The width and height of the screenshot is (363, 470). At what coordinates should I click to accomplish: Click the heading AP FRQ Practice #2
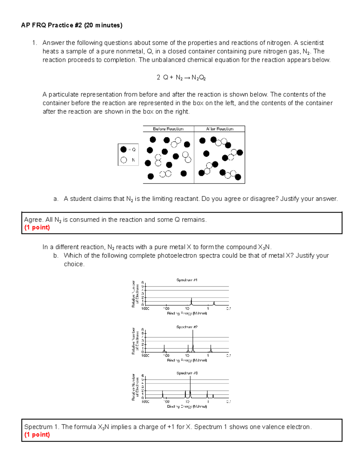pyautogui.click(x=72, y=25)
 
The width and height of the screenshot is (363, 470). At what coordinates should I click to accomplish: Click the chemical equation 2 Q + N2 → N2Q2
pyautogui.click(x=181, y=77)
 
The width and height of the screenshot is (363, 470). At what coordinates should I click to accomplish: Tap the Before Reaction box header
pyautogui.click(x=168, y=129)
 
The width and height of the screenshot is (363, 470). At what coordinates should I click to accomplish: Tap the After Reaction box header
pyautogui.click(x=220, y=129)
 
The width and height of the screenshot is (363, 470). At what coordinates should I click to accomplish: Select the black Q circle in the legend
pyautogui.click(x=123, y=150)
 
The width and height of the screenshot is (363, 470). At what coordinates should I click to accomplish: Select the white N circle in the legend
pyautogui.click(x=123, y=160)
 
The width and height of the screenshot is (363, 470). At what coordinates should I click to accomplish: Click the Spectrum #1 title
pyautogui.click(x=187, y=280)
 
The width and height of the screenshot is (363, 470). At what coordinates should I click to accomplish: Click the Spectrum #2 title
pyautogui.click(x=187, y=327)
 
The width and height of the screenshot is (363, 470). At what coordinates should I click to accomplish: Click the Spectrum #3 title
pyautogui.click(x=187, y=373)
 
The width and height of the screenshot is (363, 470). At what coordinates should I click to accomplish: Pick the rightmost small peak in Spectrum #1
pyautogui.click(x=214, y=303)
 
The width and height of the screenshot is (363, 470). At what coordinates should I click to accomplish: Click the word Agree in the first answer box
pyautogui.click(x=33, y=220)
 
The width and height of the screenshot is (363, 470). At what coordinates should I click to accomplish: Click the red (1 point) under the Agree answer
pyautogui.click(x=37, y=228)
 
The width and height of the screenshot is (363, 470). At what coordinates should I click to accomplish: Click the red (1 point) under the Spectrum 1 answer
pyautogui.click(x=37, y=435)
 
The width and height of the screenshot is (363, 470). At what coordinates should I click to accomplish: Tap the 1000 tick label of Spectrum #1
pyautogui.click(x=145, y=308)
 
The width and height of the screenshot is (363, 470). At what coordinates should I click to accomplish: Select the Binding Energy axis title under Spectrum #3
pyautogui.click(x=187, y=406)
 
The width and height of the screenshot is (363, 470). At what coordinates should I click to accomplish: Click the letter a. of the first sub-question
pyautogui.click(x=55, y=199)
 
